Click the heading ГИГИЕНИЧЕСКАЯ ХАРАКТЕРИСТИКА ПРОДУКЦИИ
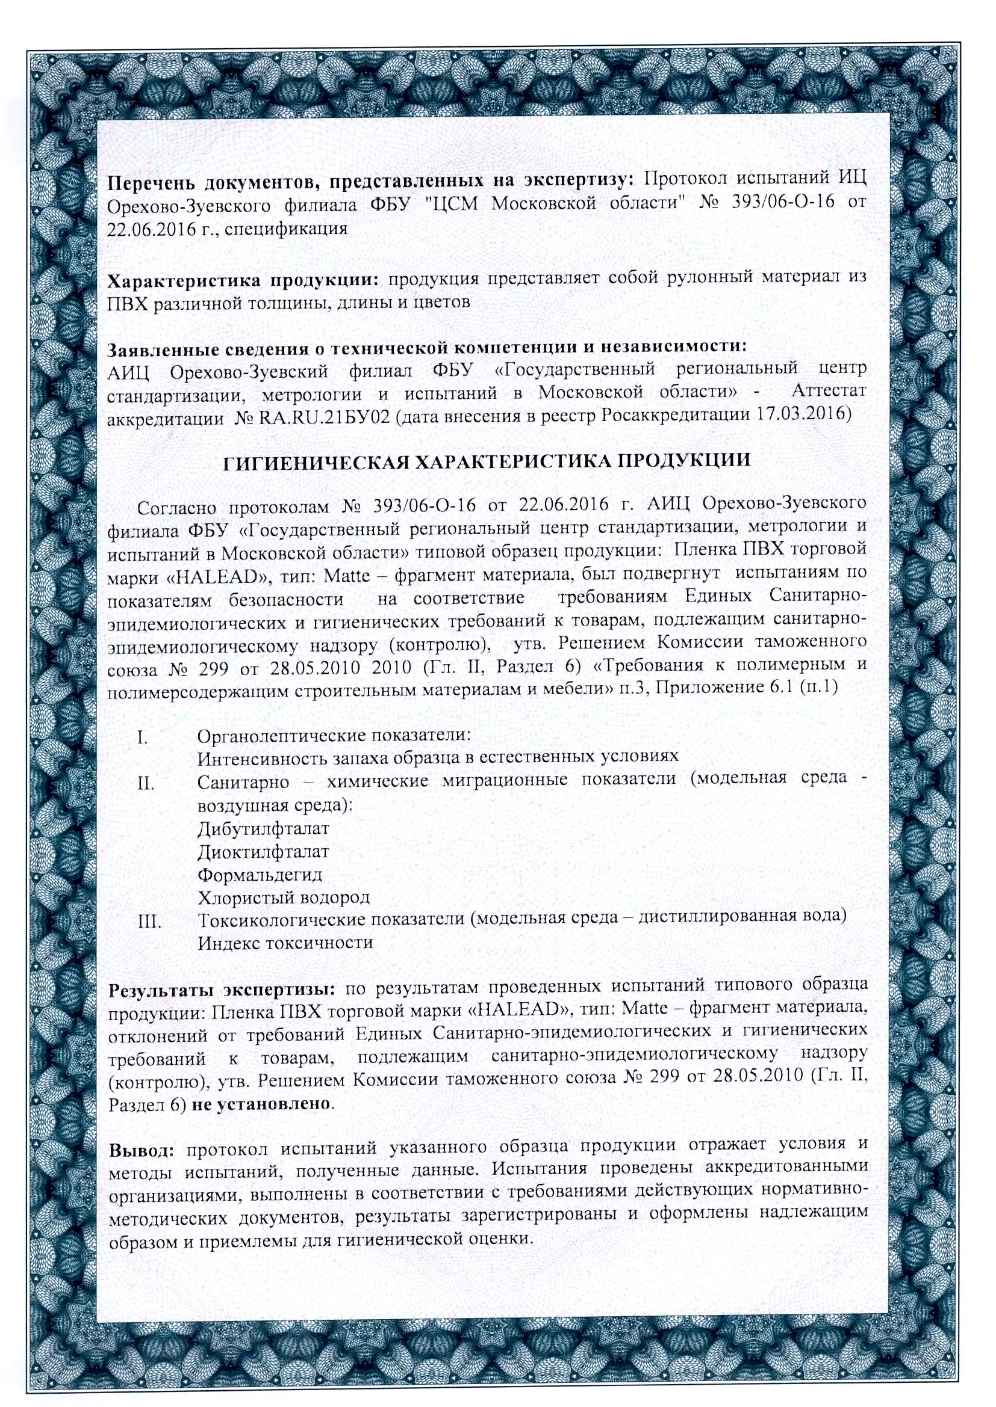click(487, 461)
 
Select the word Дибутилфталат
click(263, 829)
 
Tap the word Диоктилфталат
click(263, 852)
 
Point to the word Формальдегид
click(260, 875)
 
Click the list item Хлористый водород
click(284, 897)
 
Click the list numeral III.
click(149, 921)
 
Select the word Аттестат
click(829, 390)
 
